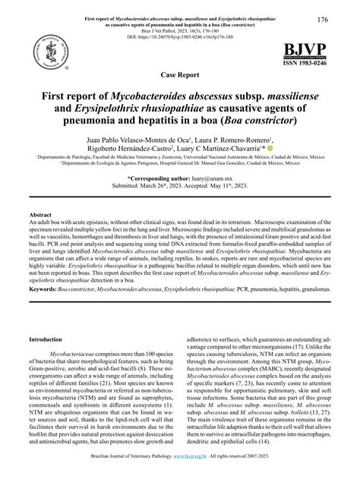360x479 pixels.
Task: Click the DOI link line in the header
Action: click(179, 36)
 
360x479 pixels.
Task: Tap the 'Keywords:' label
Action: click(43, 290)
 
